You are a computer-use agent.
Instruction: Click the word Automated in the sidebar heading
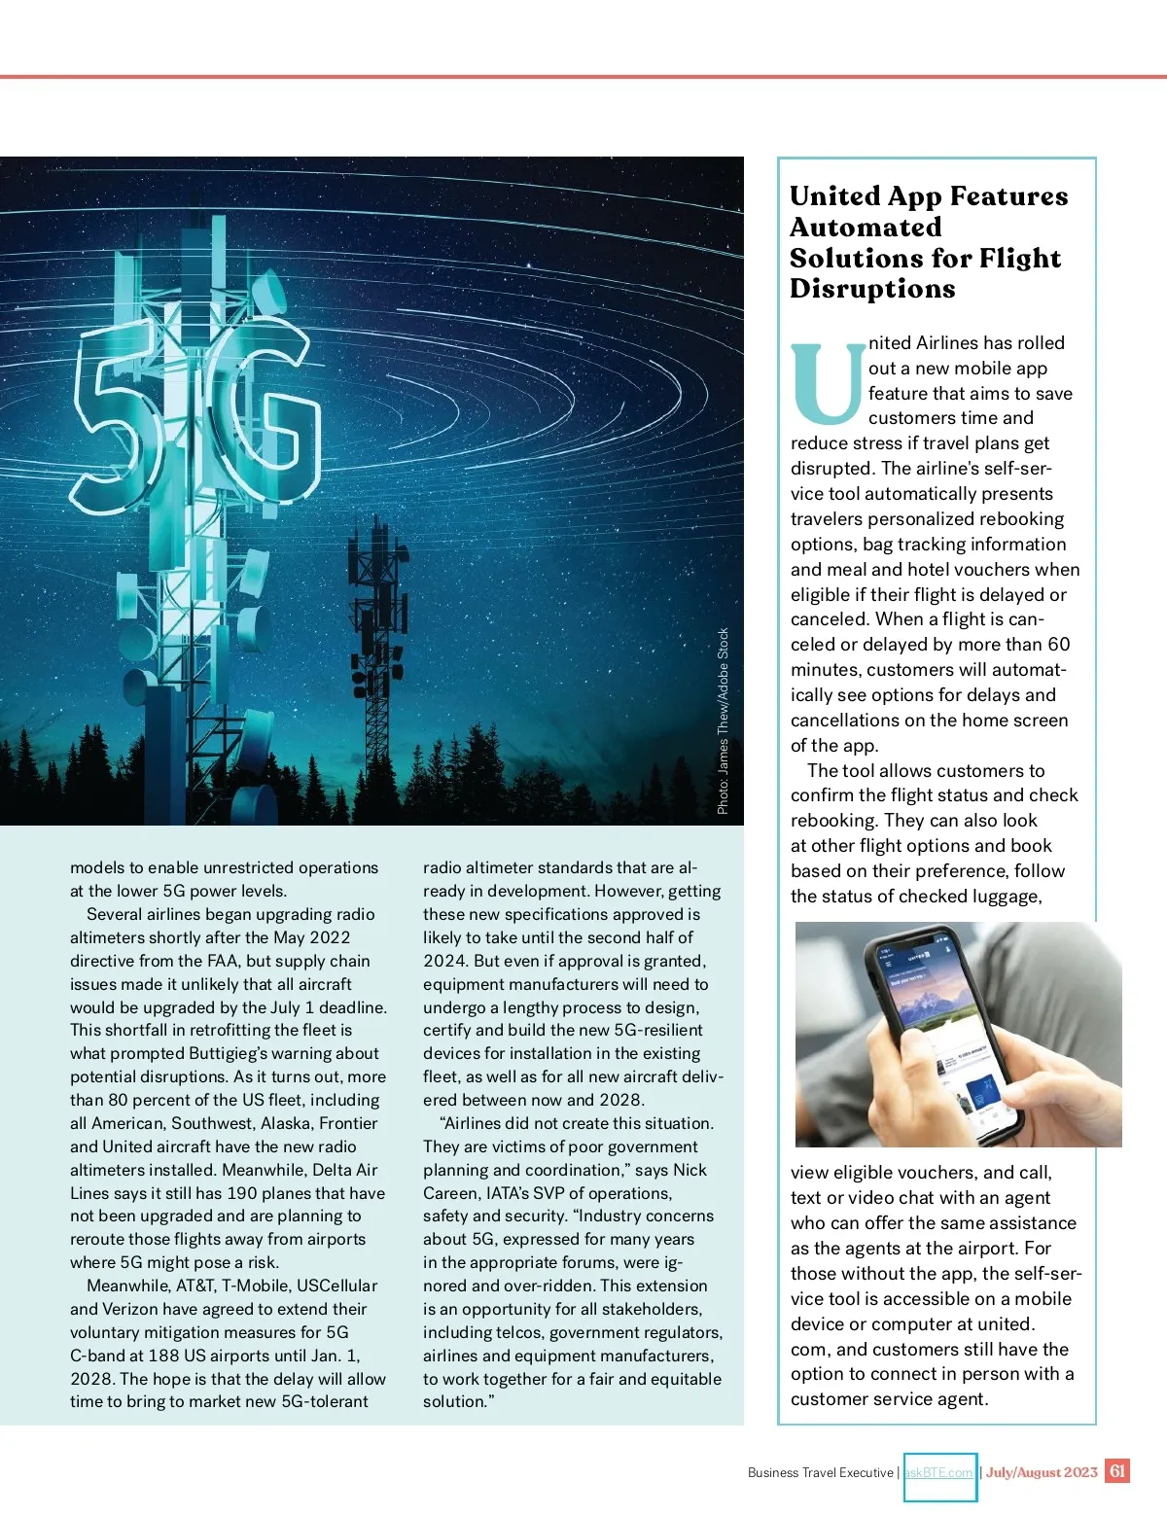(x=866, y=228)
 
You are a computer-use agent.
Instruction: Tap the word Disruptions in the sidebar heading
(x=872, y=289)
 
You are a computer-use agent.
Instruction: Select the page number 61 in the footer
(x=1117, y=1471)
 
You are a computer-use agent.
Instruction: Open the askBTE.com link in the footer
(x=939, y=1473)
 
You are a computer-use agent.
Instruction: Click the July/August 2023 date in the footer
(x=1042, y=1472)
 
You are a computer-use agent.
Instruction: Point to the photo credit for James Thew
(x=723, y=721)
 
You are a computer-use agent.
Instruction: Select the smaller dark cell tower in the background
(x=380, y=622)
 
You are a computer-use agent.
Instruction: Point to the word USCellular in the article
(x=336, y=1286)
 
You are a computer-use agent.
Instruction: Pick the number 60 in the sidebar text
(x=1058, y=645)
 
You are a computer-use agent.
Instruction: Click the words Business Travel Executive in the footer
(x=820, y=1473)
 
